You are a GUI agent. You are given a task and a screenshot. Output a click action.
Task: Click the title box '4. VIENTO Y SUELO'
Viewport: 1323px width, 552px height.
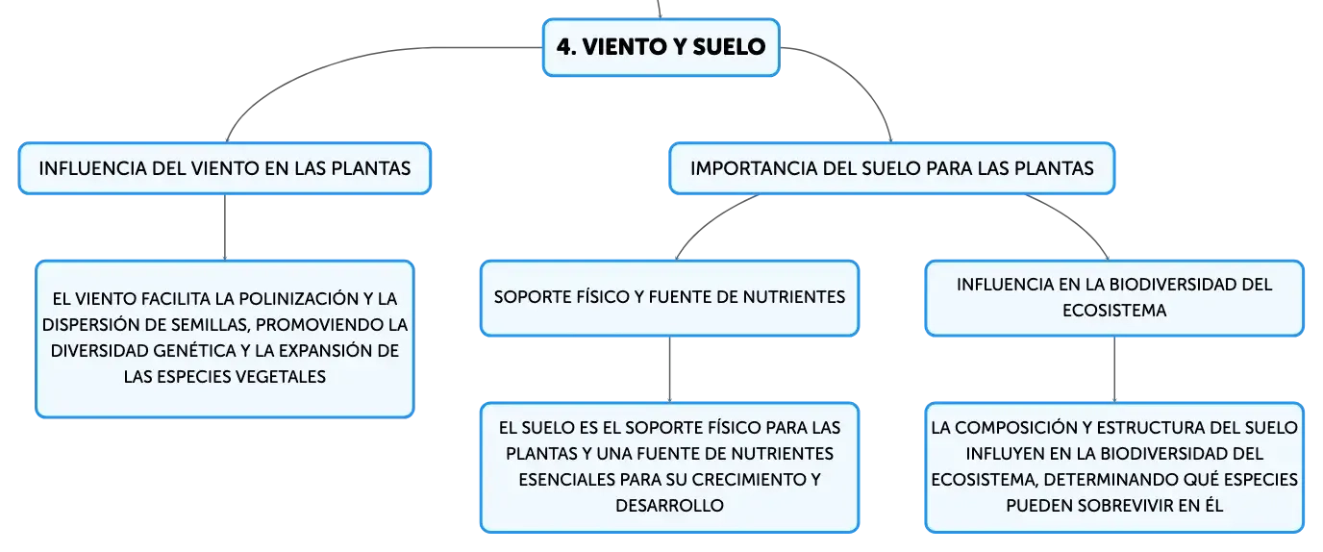tap(661, 47)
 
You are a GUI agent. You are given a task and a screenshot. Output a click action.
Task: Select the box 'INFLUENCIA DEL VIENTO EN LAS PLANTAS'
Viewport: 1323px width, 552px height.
tap(224, 168)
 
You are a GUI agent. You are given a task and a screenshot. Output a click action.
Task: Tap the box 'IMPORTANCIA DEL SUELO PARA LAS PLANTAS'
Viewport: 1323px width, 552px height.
tap(892, 168)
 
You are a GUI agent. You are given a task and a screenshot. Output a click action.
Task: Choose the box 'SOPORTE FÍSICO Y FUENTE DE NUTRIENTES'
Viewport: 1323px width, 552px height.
tap(669, 298)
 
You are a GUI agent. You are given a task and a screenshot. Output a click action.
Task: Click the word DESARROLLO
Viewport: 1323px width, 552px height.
tap(669, 506)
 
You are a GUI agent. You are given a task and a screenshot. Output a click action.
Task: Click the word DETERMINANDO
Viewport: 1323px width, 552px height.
tap(1111, 480)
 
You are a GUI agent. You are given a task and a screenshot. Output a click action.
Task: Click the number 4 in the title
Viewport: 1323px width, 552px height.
tap(564, 47)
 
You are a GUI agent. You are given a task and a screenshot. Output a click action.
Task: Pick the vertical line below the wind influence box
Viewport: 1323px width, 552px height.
tap(224, 227)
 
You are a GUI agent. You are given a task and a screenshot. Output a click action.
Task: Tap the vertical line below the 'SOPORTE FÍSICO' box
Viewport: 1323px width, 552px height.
tap(670, 369)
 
